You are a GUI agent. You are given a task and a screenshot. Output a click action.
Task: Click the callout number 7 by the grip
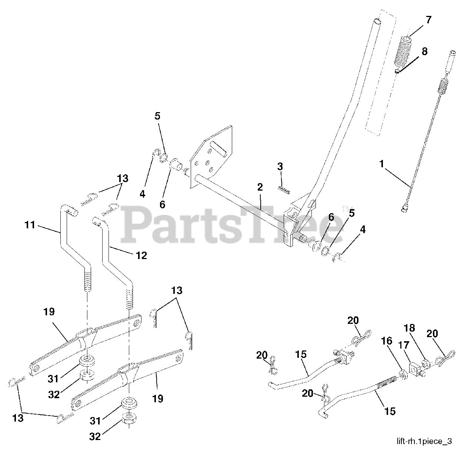click(428, 20)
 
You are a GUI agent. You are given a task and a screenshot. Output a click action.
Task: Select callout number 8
click(424, 51)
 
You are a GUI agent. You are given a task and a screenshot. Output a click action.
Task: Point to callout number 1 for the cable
click(381, 164)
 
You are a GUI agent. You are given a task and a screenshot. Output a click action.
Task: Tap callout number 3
click(280, 167)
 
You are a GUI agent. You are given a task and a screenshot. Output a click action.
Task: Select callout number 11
click(30, 224)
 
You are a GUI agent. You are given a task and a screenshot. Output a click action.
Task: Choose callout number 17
click(404, 346)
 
